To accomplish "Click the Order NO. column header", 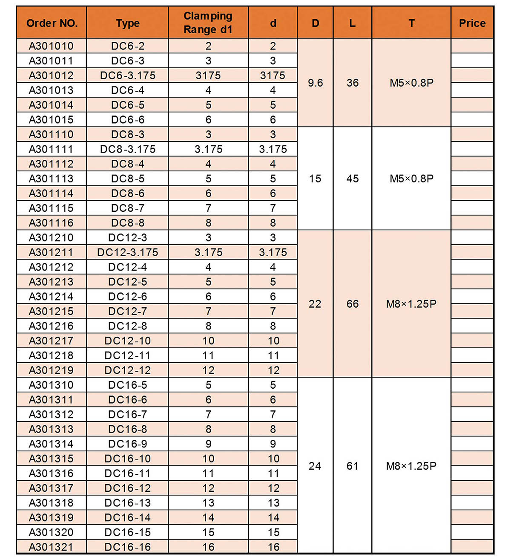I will tap(52, 23).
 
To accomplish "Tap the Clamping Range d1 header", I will tap(208, 23).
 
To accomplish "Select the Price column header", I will tap(472, 23).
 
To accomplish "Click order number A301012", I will tap(51, 75).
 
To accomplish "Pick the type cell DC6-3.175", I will tap(128, 75).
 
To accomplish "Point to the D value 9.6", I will tap(315, 83).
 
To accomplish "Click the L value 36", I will tap(353, 83).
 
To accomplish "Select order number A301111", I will tap(51, 149).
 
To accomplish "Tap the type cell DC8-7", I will tap(128, 208).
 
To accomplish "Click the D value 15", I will tap(315, 179).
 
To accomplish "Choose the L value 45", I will tap(353, 179).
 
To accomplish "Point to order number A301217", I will tap(51, 341).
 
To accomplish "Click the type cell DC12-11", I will tap(128, 355).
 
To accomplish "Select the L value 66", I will tap(353, 304).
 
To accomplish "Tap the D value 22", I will tap(315, 304).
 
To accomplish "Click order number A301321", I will tap(51, 547).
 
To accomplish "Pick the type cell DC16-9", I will tap(128, 444).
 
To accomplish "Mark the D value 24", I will tap(315, 466).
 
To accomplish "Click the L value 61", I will tap(353, 466).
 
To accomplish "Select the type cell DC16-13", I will tap(128, 503).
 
